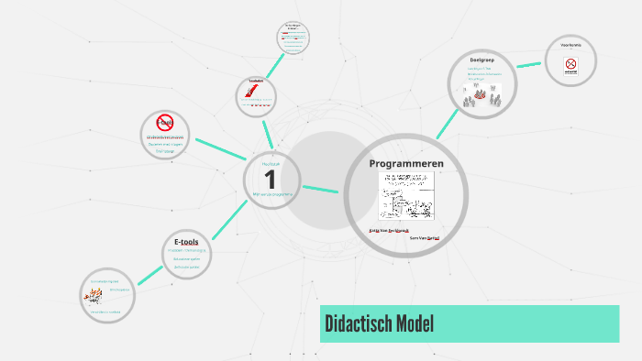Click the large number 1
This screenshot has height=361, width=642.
tap(270, 180)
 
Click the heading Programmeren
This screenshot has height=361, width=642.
tap(406, 163)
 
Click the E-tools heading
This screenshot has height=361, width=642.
tap(186, 241)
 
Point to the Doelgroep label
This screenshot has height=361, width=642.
tap(482, 60)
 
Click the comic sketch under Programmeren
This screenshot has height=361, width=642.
tap(406, 195)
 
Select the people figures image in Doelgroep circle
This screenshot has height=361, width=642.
tap(482, 95)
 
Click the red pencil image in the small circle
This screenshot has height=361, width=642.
tap(250, 92)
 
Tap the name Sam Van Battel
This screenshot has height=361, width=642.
tap(425, 237)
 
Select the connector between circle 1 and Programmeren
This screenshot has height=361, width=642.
tap(320, 190)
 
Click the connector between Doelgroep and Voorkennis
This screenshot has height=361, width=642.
tap(528, 64)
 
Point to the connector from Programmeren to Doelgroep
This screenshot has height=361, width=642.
tap(447, 124)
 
